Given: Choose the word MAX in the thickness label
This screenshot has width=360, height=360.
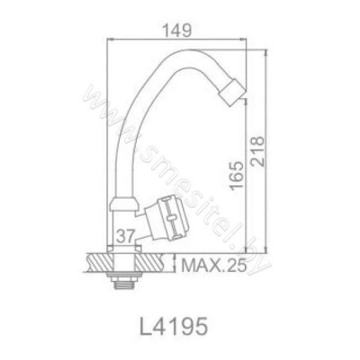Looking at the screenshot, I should point(198,265).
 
